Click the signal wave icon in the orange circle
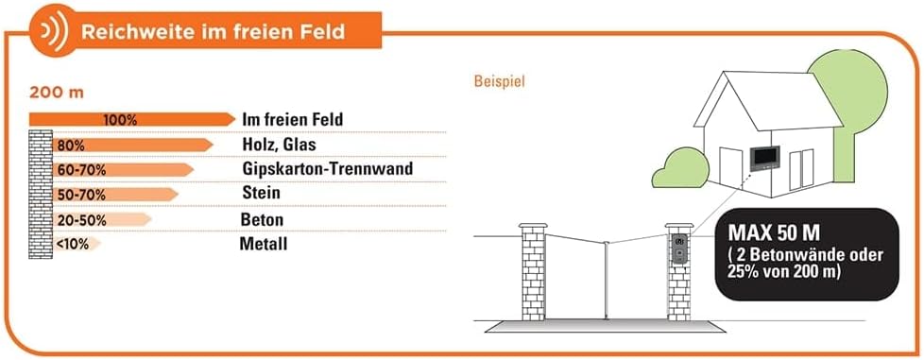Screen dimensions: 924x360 pyautogui.click(x=53, y=30)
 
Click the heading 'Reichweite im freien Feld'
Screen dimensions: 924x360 pyautogui.click(x=213, y=31)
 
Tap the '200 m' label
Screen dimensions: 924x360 pyautogui.click(x=57, y=94)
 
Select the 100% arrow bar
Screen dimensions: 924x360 pyautogui.click(x=132, y=120)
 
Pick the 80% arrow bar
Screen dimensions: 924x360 pyautogui.click(x=132, y=145)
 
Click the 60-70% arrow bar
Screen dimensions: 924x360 pyautogui.click(x=123, y=170)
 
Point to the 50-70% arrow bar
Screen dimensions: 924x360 pyautogui.click(x=115, y=195)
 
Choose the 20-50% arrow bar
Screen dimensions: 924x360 pyautogui.click(x=102, y=220)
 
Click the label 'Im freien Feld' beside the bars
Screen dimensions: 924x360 pyautogui.click(x=292, y=120)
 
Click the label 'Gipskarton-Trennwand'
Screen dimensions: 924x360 pyautogui.click(x=327, y=169)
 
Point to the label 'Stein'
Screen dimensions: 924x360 pyautogui.click(x=261, y=193)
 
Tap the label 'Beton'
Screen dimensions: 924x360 pyautogui.click(x=263, y=220)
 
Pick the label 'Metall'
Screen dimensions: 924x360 pyautogui.click(x=264, y=244)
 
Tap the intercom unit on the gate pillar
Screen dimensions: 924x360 pyautogui.click(x=679, y=249)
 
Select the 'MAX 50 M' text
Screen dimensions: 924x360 pyautogui.click(x=774, y=232)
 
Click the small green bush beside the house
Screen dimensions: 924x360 pyautogui.click(x=681, y=168)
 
